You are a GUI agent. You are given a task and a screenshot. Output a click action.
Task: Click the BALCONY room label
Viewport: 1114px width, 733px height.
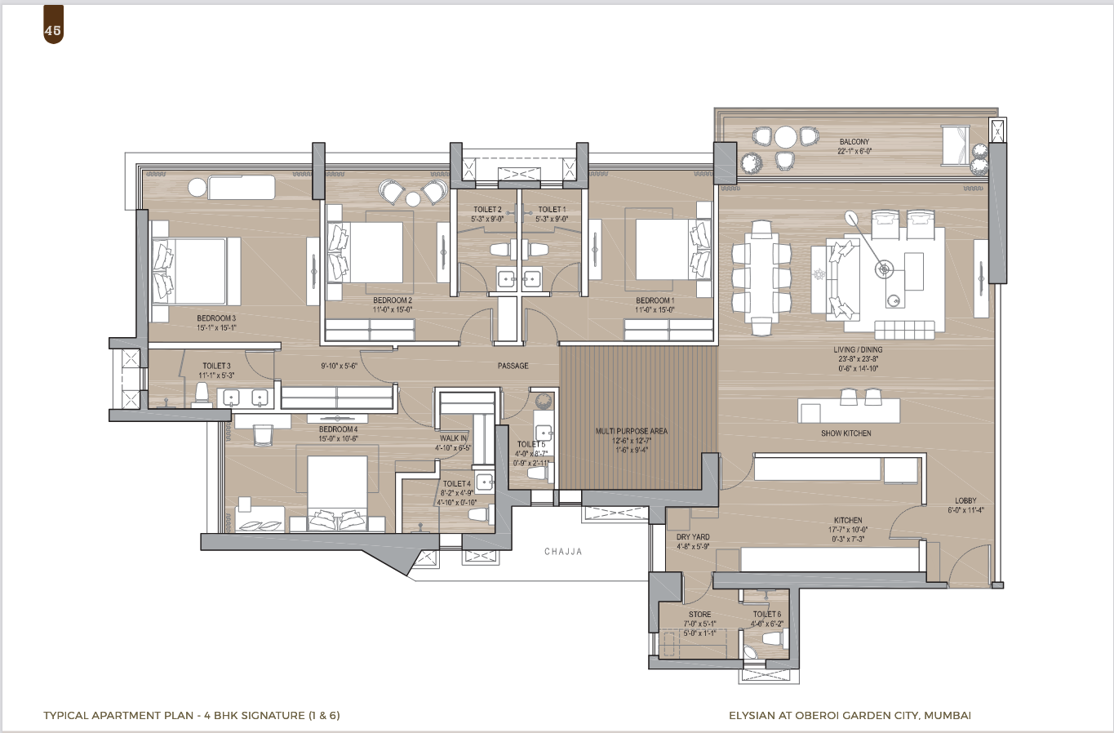coord(854,142)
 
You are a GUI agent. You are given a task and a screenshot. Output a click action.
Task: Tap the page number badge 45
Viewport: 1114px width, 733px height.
coord(54,31)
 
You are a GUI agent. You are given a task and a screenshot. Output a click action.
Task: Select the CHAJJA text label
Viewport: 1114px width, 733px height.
coord(563,552)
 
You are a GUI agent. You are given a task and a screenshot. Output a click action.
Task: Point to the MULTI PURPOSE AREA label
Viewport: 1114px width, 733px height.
coord(631,431)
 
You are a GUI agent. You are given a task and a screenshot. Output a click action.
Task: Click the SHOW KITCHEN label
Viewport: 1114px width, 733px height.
coord(845,433)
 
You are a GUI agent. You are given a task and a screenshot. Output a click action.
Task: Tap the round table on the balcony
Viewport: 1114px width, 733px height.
coord(785,136)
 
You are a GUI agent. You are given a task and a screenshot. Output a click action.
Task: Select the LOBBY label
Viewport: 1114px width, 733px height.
coord(965,501)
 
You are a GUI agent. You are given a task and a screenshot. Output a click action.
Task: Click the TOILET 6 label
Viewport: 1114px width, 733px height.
coord(766,615)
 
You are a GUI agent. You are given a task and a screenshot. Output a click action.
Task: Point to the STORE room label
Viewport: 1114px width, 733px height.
coord(699,615)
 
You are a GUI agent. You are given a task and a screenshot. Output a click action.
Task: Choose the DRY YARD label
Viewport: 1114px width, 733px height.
coord(693,537)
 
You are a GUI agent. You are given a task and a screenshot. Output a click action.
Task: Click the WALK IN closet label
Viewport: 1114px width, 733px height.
coord(453,438)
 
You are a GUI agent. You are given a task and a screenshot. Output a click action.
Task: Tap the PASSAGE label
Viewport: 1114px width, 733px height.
coord(513,366)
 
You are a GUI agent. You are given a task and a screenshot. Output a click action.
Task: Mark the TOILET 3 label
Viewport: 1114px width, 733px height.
coord(216,366)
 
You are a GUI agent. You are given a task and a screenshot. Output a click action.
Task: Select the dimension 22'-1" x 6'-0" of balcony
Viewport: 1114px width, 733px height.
coord(854,151)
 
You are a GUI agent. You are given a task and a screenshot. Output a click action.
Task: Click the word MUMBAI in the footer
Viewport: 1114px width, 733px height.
coord(949,716)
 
